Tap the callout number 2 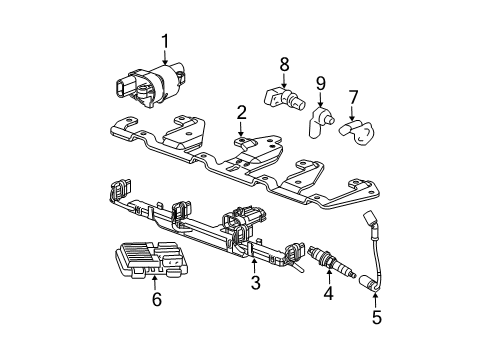click(242, 111)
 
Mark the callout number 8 click(284, 63)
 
